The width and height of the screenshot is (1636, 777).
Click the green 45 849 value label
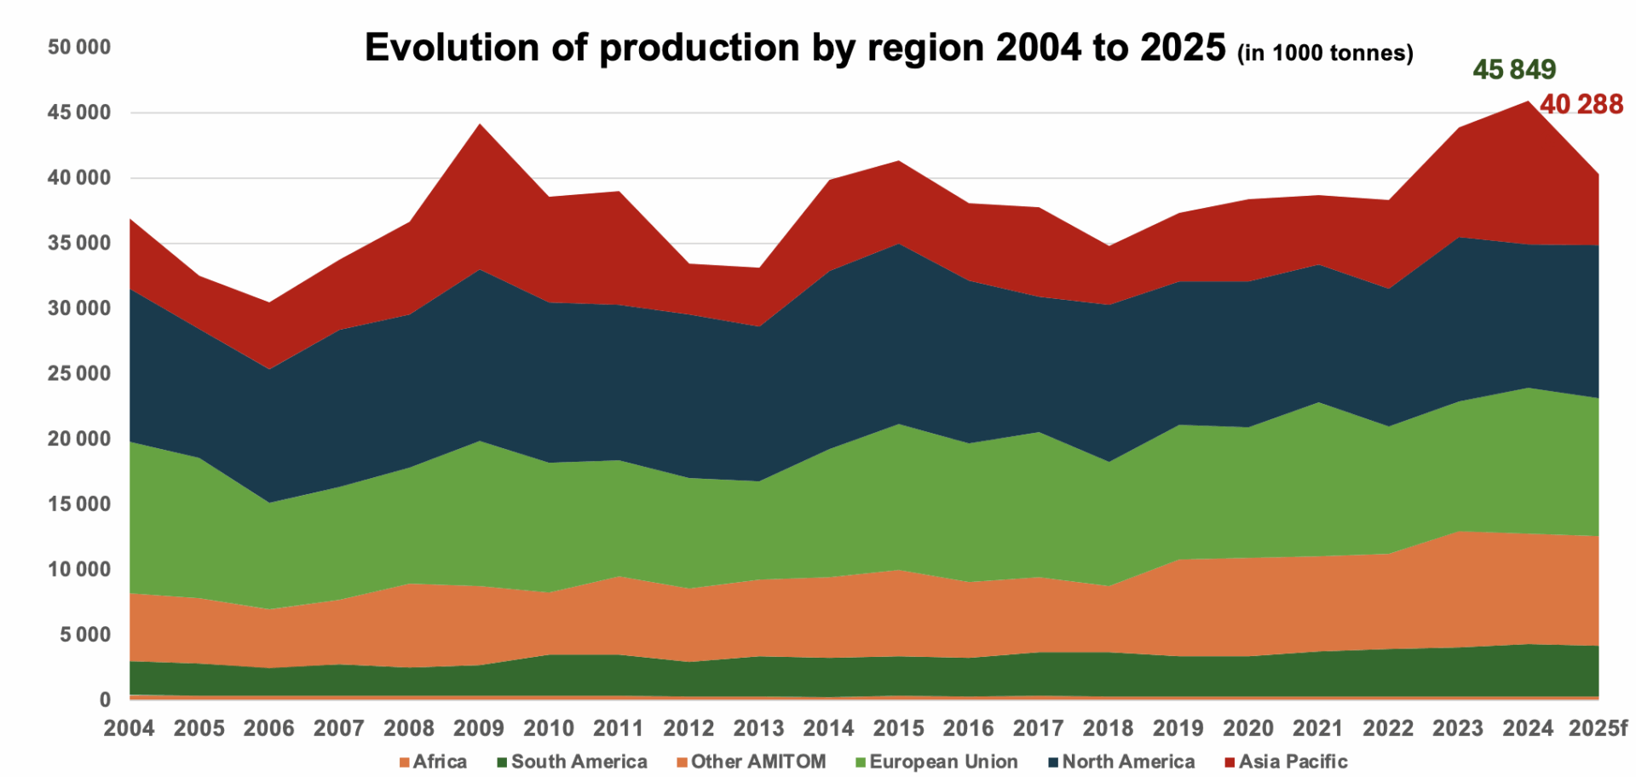[x=1513, y=69]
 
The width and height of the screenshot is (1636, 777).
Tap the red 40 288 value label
[x=1581, y=104]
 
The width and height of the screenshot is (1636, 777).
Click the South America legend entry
[x=572, y=761]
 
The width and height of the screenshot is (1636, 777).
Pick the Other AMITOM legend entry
[x=751, y=761]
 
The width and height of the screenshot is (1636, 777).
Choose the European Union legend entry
[x=936, y=761]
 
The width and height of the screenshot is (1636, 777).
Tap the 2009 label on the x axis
[x=479, y=728]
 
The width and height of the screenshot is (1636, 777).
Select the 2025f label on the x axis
[x=1598, y=728]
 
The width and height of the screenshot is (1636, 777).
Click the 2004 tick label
[x=130, y=728]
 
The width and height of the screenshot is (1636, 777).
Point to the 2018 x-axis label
[x=1108, y=728]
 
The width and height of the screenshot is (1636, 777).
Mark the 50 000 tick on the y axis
[x=79, y=47]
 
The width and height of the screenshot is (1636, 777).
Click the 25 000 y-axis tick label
[x=79, y=373]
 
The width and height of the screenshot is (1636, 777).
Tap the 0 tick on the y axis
[x=105, y=699]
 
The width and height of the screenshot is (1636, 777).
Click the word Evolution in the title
[x=452, y=48]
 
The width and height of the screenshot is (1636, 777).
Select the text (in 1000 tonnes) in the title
[x=1325, y=53]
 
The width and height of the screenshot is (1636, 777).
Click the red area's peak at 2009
[x=480, y=125]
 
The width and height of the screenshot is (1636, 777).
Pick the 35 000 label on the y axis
[x=79, y=243]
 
